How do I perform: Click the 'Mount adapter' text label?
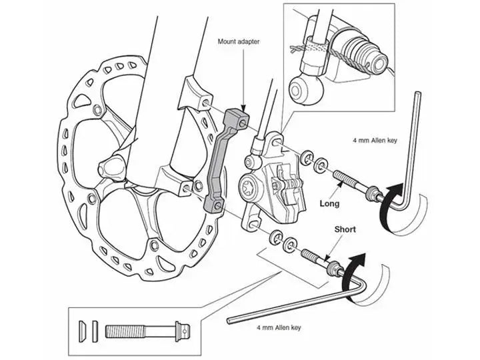click(239, 41)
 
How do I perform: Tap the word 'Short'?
click(345, 229)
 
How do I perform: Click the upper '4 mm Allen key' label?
click(375, 141)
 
